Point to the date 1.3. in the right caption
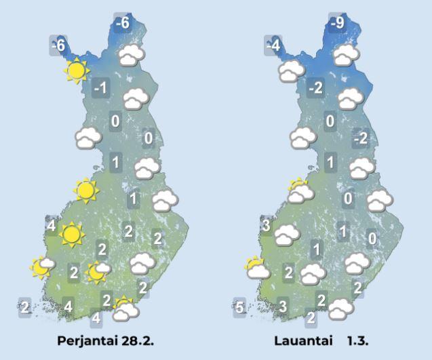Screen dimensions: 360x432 click(x=363, y=338)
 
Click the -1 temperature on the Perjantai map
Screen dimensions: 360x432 click(x=101, y=88)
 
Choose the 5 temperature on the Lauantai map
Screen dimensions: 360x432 click(x=239, y=307)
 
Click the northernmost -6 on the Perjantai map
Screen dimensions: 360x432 click(x=122, y=23)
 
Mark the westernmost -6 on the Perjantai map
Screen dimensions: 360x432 click(x=58, y=46)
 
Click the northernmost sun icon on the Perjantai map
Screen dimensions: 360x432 click(x=76, y=70)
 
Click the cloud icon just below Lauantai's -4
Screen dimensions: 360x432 click(x=290, y=70)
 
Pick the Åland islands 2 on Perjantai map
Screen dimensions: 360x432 click(x=25, y=307)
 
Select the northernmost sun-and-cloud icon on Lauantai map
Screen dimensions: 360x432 click(x=298, y=191)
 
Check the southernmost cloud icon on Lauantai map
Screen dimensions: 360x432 click(x=339, y=308)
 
